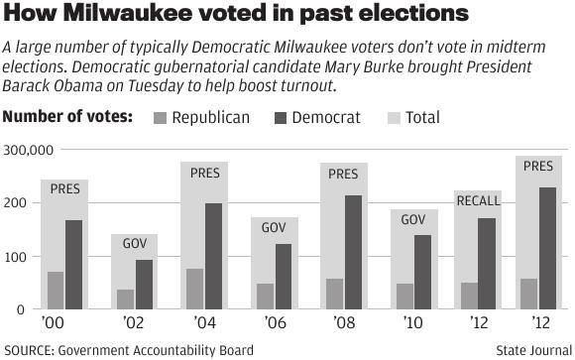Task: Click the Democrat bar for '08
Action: click(353, 252)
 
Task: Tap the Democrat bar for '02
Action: click(145, 285)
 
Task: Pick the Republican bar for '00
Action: click(56, 290)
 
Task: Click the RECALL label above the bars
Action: click(478, 201)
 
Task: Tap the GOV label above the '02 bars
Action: click(135, 244)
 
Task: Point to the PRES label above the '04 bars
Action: click(204, 173)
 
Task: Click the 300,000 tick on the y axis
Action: click(28, 150)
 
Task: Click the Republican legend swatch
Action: click(161, 118)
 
